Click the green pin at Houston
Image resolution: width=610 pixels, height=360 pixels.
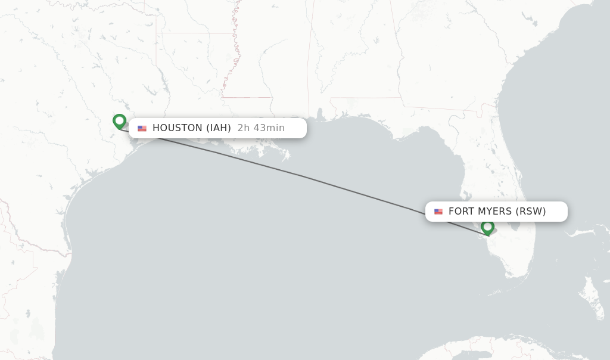click(x=119, y=122)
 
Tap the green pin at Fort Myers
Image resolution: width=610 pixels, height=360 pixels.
click(x=487, y=227)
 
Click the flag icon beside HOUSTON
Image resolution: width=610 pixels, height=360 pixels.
click(x=142, y=128)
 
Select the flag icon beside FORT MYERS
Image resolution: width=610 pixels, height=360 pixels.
click(x=438, y=212)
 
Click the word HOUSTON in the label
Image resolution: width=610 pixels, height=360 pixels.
click(x=178, y=128)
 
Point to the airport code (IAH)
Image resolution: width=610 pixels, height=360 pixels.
click(x=219, y=128)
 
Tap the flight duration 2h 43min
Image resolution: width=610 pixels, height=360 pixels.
click(x=261, y=128)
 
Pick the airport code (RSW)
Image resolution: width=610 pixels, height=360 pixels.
click(x=531, y=212)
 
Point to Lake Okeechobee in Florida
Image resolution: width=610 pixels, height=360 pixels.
click(x=513, y=226)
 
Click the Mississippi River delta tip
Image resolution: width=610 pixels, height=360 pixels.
click(x=287, y=156)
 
